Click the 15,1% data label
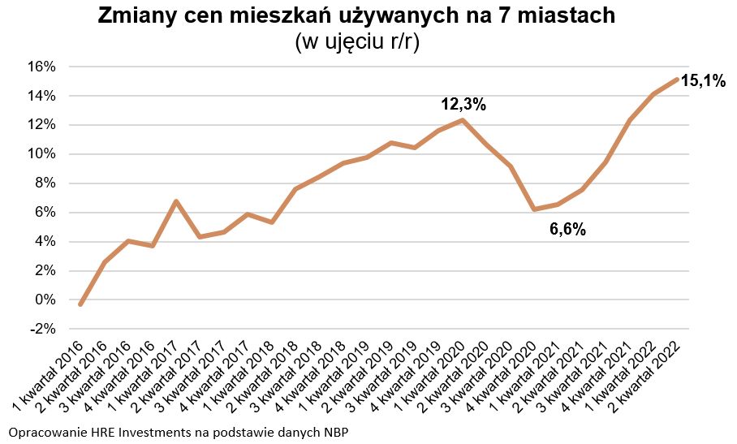point(703,80)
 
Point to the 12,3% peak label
point(463,105)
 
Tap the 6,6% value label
point(567,230)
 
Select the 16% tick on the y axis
point(43,67)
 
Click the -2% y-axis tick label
point(43,330)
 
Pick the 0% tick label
point(46,300)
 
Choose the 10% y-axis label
point(43,154)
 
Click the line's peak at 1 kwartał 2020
point(463,120)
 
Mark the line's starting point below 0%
point(80,304)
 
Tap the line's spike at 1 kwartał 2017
point(176,201)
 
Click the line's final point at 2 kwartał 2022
point(677,79)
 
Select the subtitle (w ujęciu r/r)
point(357,42)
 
